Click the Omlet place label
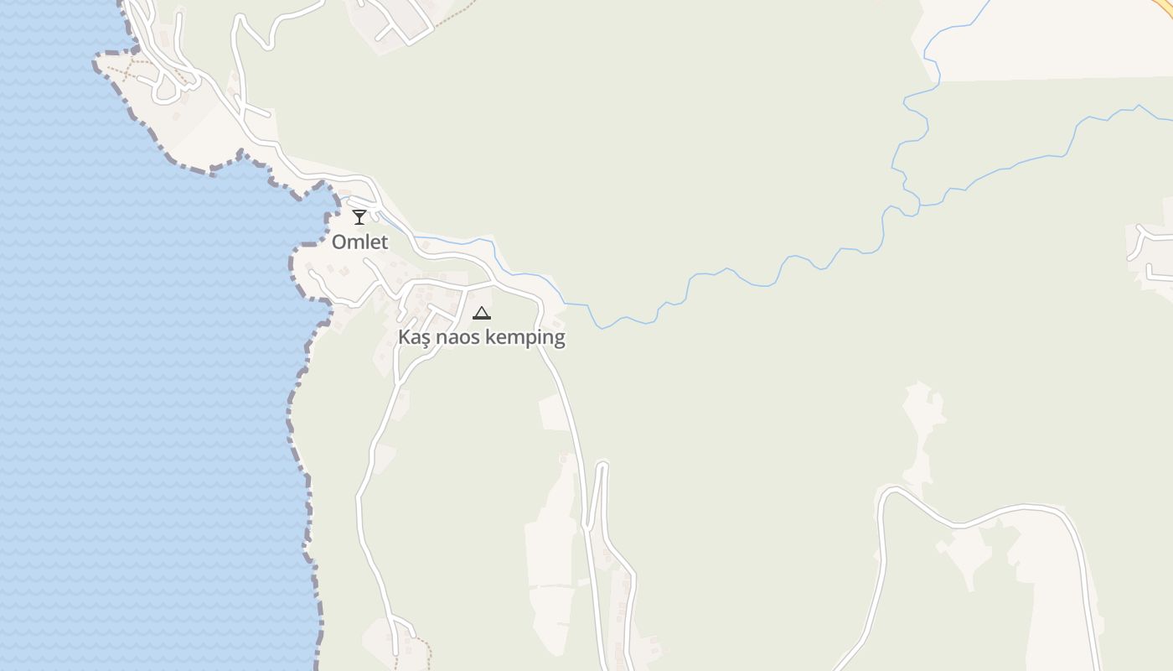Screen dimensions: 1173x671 click(360, 242)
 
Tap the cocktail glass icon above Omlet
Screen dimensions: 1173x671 click(359, 217)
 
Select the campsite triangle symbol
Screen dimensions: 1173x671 click(481, 314)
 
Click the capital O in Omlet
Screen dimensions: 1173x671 click(340, 242)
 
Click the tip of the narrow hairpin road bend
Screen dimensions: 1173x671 click(602, 464)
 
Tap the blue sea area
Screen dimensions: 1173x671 click(126, 377)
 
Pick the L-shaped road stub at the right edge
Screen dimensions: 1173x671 click(1153, 272)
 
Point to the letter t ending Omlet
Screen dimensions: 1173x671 click(385, 242)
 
